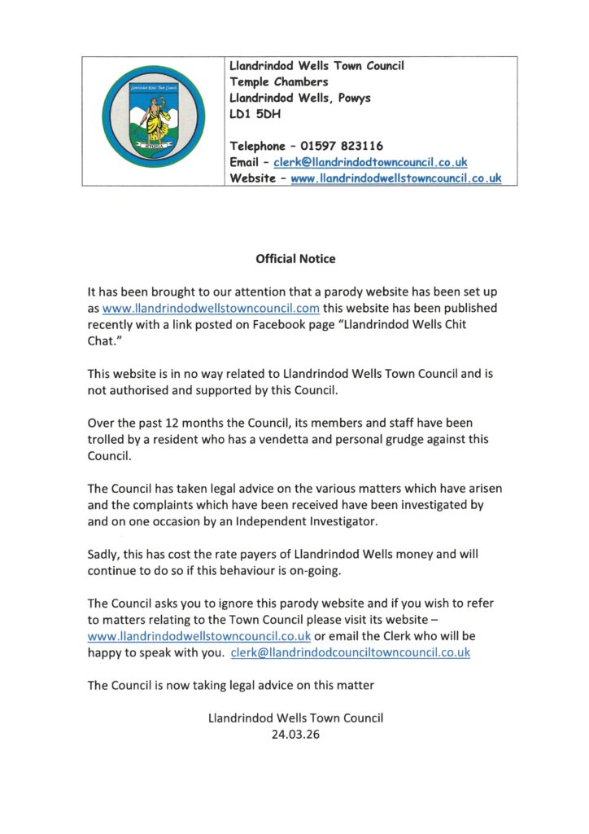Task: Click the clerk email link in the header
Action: click(x=370, y=163)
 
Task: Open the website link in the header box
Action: click(x=395, y=178)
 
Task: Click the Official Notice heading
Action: click(x=295, y=259)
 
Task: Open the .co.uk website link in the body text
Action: click(x=199, y=636)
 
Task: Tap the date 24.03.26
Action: click(x=295, y=734)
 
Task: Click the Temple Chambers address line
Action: click(x=279, y=82)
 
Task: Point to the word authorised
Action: click(x=139, y=390)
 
